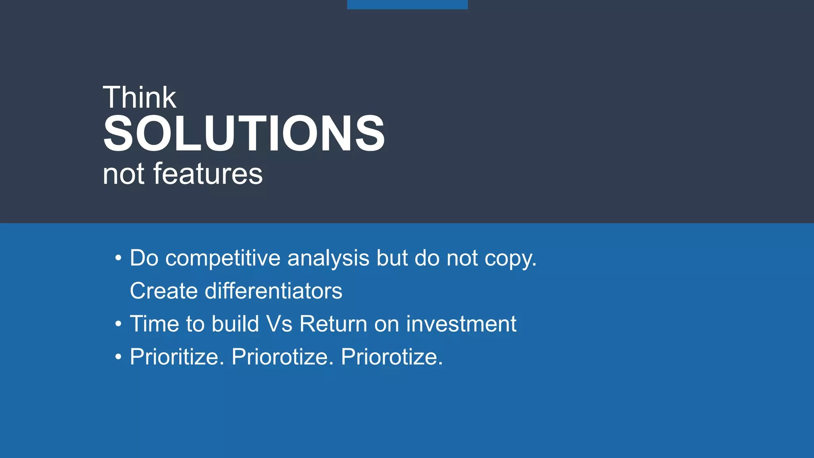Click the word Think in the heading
point(139,97)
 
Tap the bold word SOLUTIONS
point(244,134)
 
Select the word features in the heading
point(207,174)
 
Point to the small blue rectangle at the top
point(407,4)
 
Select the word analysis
point(328,258)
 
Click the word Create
point(164,291)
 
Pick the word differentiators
point(273,291)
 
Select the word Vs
point(279,324)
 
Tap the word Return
point(333,324)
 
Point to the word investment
point(461,324)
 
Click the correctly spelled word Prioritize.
point(177,357)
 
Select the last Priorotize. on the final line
point(391,357)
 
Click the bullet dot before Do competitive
point(118,259)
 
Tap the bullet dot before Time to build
point(118,324)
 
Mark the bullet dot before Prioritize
point(118,357)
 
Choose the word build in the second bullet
point(235,324)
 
